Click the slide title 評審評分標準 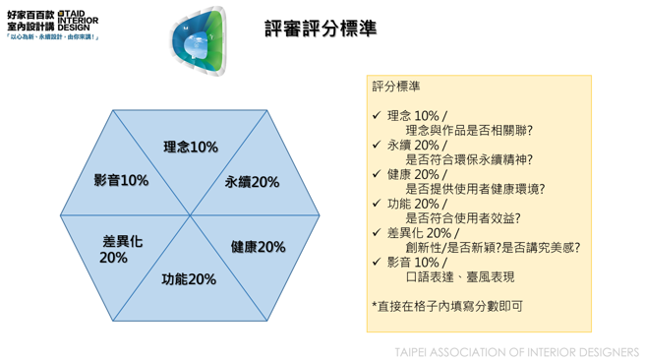tap(321, 30)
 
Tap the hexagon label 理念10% tap(191, 148)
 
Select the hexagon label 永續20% tap(252, 182)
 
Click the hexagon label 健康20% tap(258, 247)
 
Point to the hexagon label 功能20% tap(189, 280)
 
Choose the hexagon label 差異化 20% tap(120, 249)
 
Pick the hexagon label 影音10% tap(121, 181)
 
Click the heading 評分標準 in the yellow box tap(396, 87)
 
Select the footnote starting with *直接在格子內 tap(447, 307)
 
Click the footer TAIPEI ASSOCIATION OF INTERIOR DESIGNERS tap(516, 351)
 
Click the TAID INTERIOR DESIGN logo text tap(78, 22)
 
